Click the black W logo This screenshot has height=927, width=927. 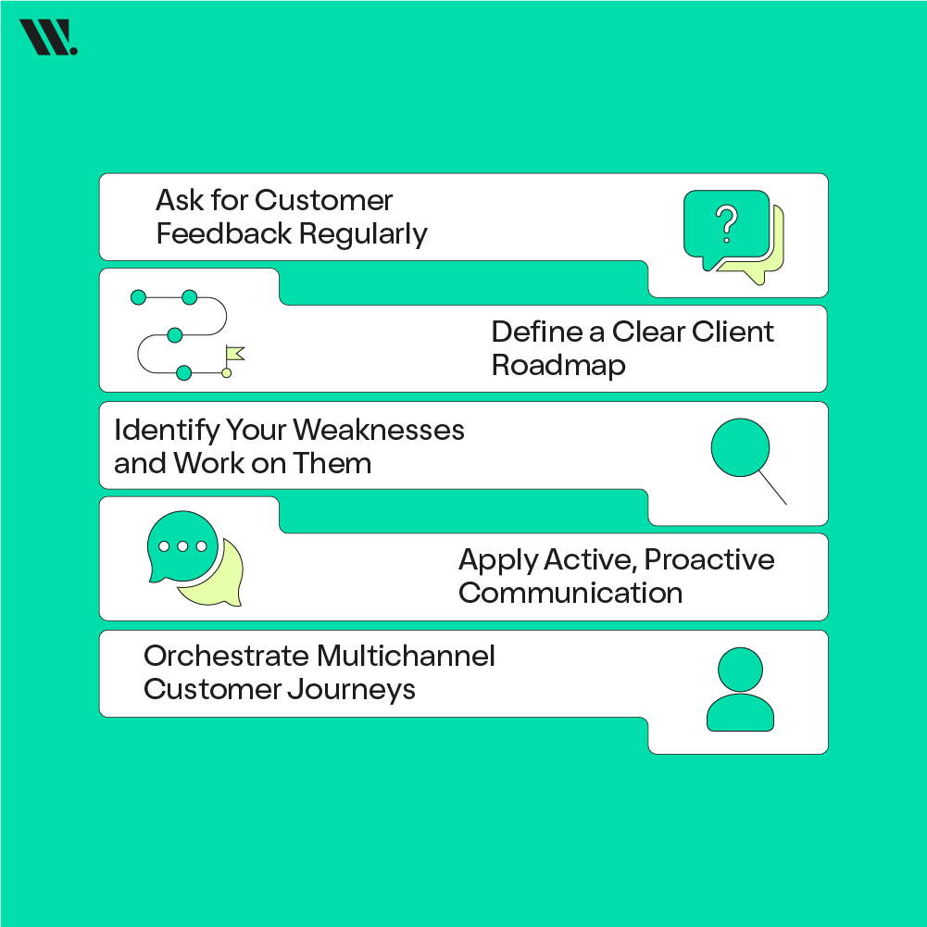[x=47, y=38]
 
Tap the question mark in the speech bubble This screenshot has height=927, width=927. [x=727, y=223]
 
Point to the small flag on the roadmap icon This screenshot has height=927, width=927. [x=234, y=354]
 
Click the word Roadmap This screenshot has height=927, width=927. [x=558, y=365]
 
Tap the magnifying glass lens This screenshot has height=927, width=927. [x=740, y=447]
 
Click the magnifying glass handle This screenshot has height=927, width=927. [x=772, y=489]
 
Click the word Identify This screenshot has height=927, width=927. [x=168, y=431]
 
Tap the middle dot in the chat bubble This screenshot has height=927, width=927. [x=182, y=546]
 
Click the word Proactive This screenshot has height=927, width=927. [x=709, y=559]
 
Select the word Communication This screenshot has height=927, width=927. [x=570, y=593]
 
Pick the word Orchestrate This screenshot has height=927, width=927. [x=225, y=656]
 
